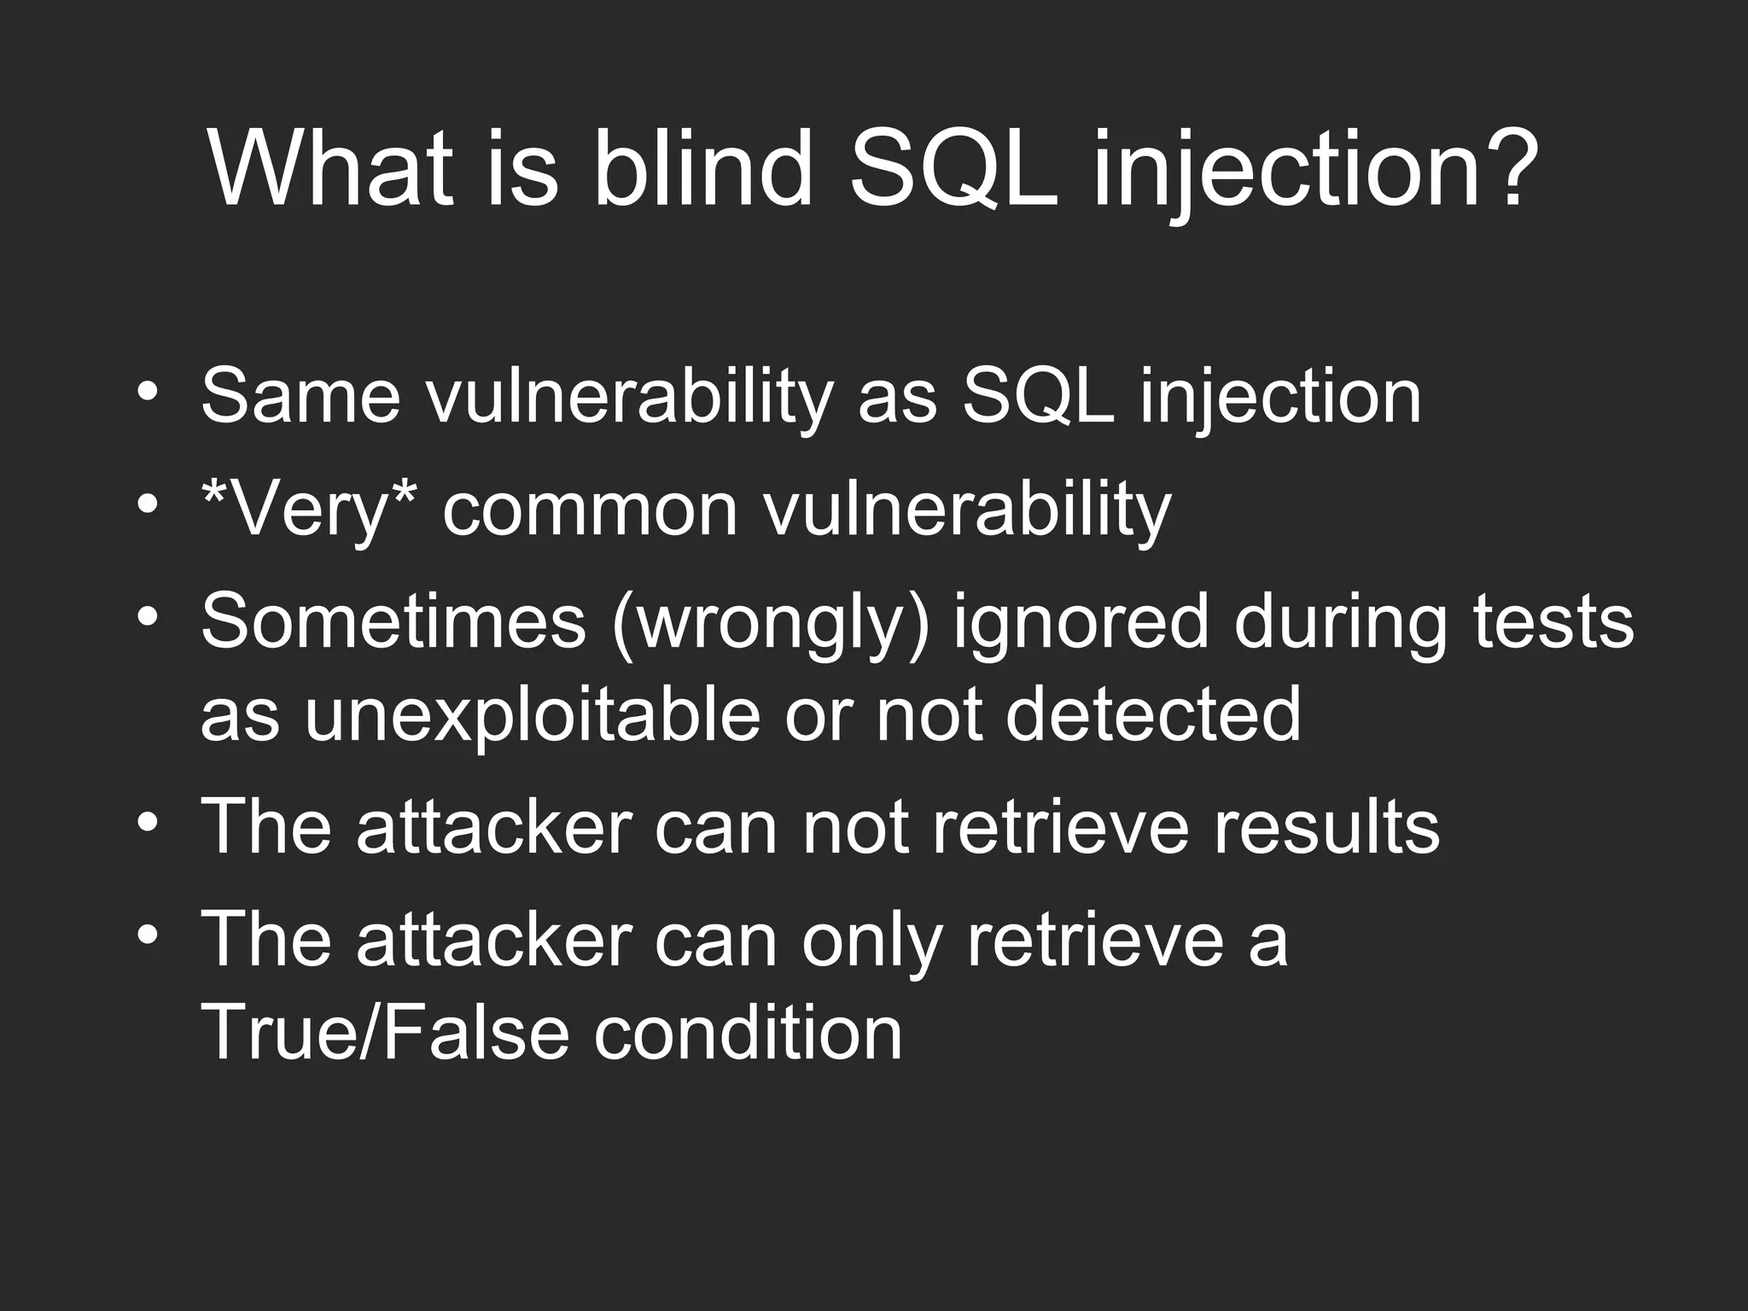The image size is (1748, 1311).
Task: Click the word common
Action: pos(590,510)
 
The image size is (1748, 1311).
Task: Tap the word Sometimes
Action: pos(393,621)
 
